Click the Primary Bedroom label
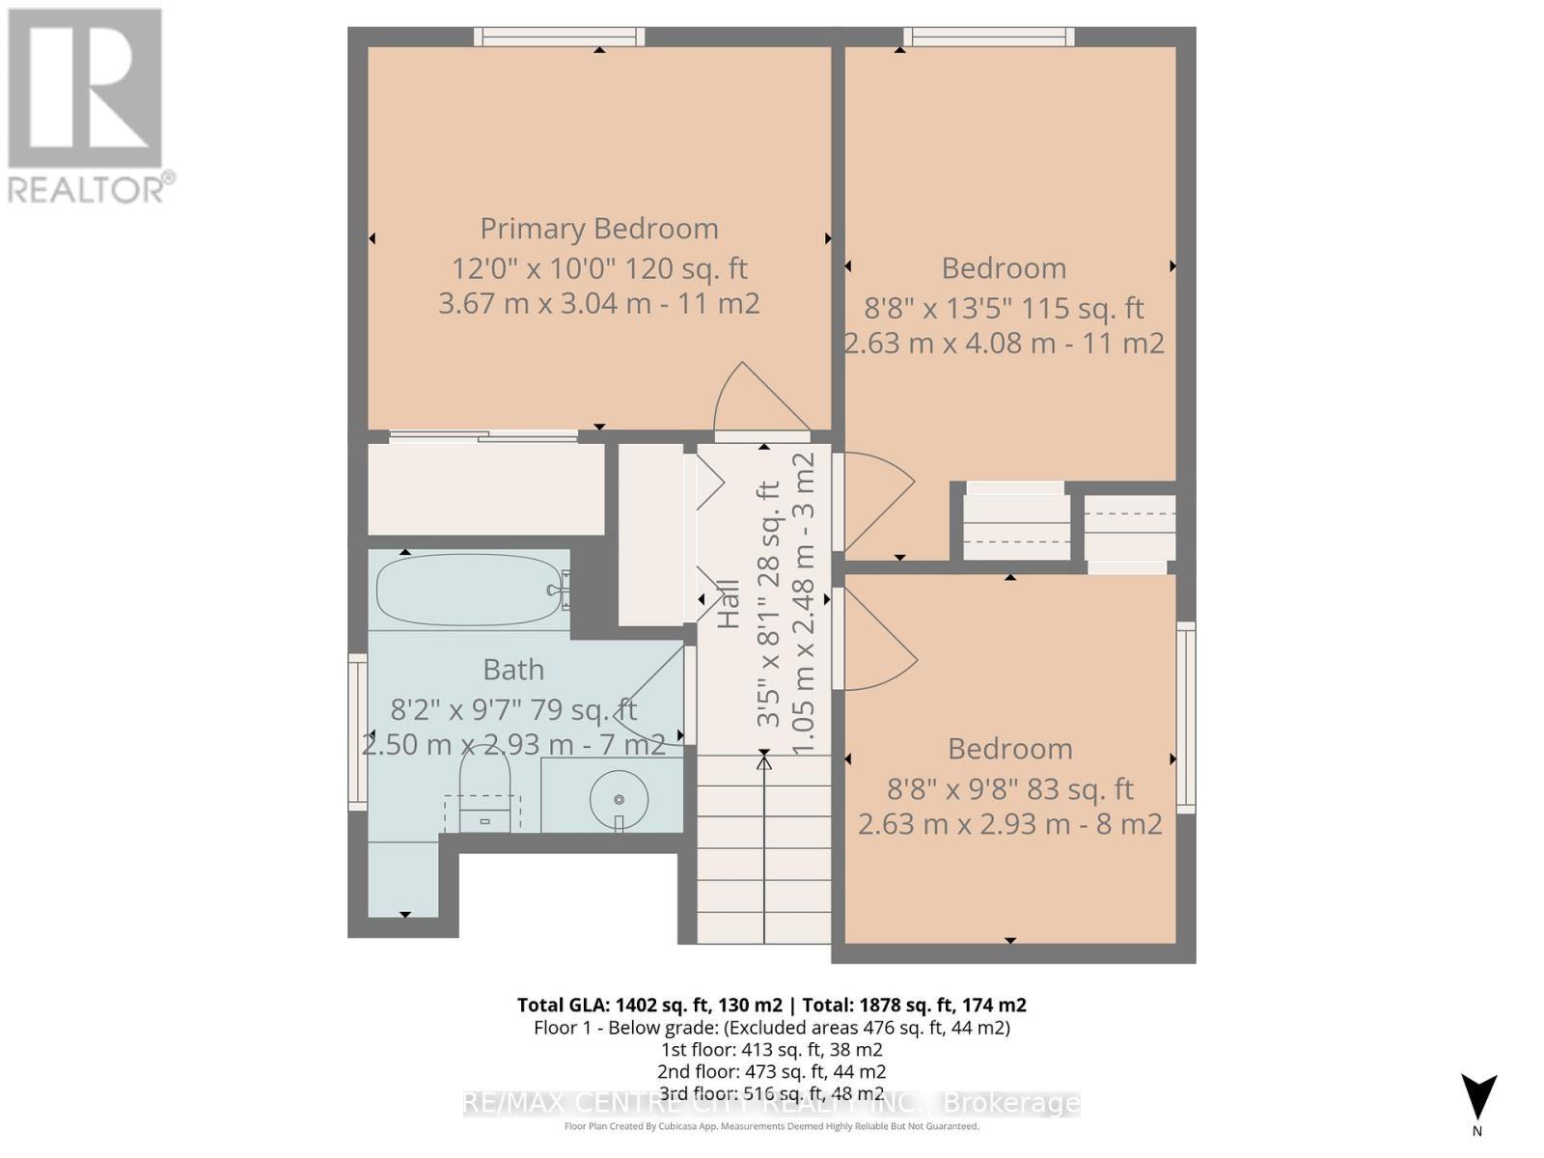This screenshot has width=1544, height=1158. tap(599, 229)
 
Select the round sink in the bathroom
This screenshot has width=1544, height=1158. tap(618, 799)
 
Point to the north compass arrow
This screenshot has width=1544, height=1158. tap(1477, 1098)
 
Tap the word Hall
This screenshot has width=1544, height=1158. tap(729, 604)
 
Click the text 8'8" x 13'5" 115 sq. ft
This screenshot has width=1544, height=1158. tap(1004, 309)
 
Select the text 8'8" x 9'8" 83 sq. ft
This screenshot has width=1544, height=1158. tap(1009, 789)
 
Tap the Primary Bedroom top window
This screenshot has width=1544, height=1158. tap(559, 37)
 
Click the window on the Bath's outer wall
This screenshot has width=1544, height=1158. tap(358, 731)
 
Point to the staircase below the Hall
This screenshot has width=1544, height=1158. tap(763, 849)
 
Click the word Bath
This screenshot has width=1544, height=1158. tap(513, 670)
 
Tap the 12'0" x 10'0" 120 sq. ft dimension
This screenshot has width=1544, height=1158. tap(599, 268)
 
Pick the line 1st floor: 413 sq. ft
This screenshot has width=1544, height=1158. tap(771, 1050)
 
